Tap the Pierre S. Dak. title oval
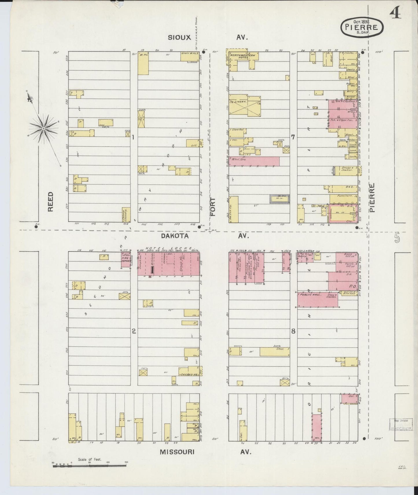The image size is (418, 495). coord(362,27)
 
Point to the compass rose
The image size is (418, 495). coord(43,128)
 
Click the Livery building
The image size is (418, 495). coord(245,105)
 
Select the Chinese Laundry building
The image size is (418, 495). coord(126,214)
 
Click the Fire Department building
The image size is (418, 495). coord(126,259)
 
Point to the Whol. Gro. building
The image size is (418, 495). coord(254,161)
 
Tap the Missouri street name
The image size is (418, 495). coord(177,452)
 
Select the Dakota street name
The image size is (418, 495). coord(175,236)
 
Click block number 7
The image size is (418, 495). coord(293,137)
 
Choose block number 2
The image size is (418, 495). coord(134,331)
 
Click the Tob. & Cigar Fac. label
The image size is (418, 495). coord(342,120)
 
